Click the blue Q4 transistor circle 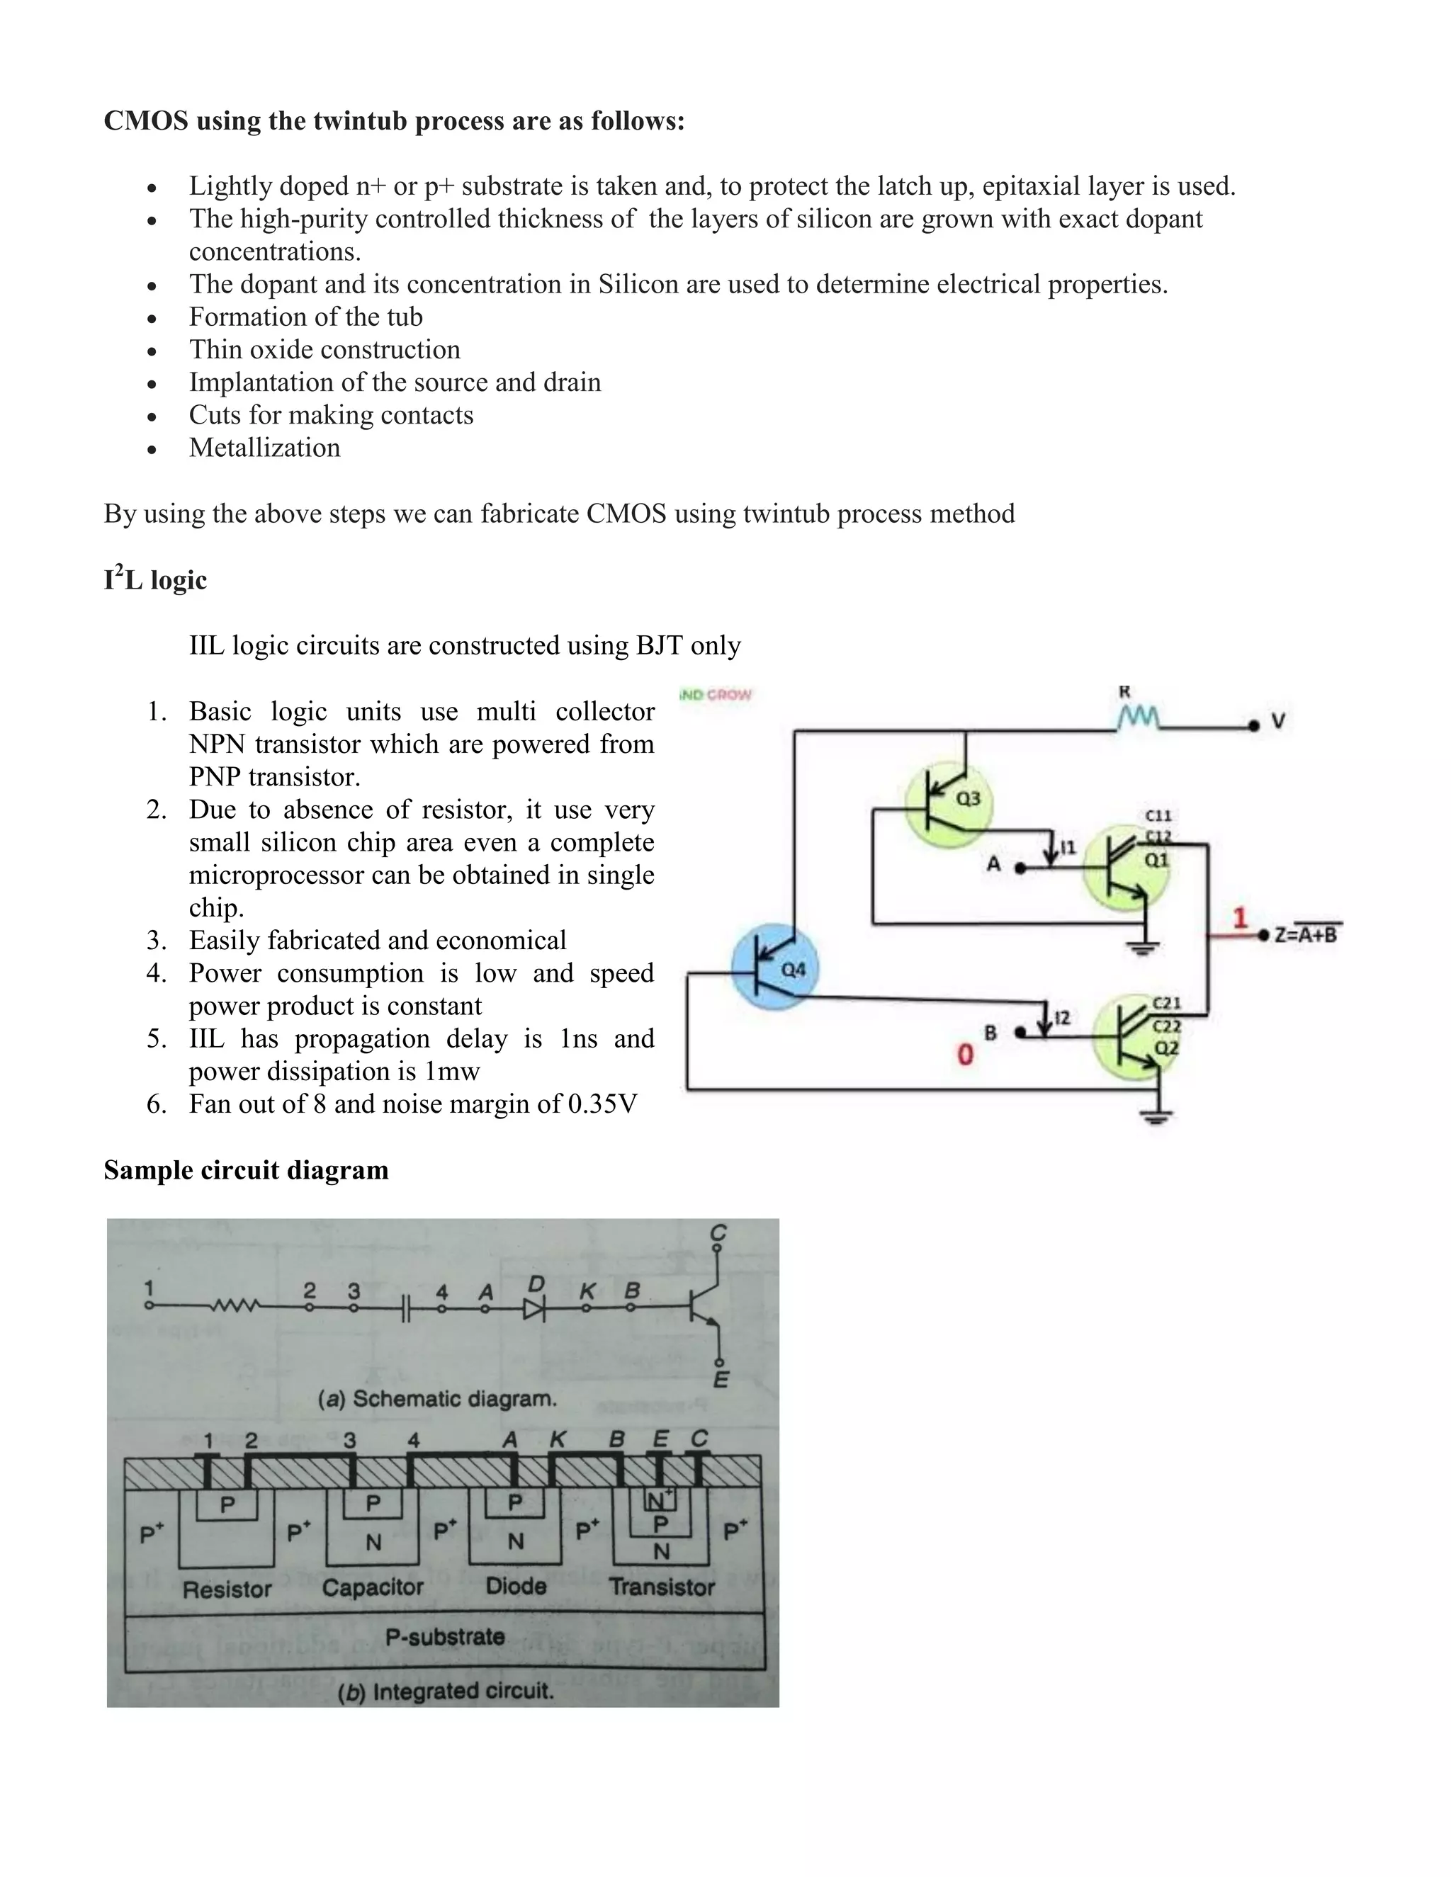(x=774, y=966)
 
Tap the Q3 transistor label (x=968, y=798)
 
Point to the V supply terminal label (x=1278, y=722)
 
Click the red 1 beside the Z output (x=1240, y=918)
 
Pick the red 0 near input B (x=966, y=1055)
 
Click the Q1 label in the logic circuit (x=1156, y=858)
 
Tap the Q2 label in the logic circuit (x=1166, y=1048)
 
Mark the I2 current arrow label (x=1063, y=1018)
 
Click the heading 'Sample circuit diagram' (x=246, y=1169)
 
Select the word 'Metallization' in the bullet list (x=265, y=448)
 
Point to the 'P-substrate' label (x=444, y=1635)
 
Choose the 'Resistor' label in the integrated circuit (x=227, y=1589)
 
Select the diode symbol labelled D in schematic (x=535, y=1309)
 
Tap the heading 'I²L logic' (x=156, y=579)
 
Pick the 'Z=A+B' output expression (x=1306, y=934)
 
